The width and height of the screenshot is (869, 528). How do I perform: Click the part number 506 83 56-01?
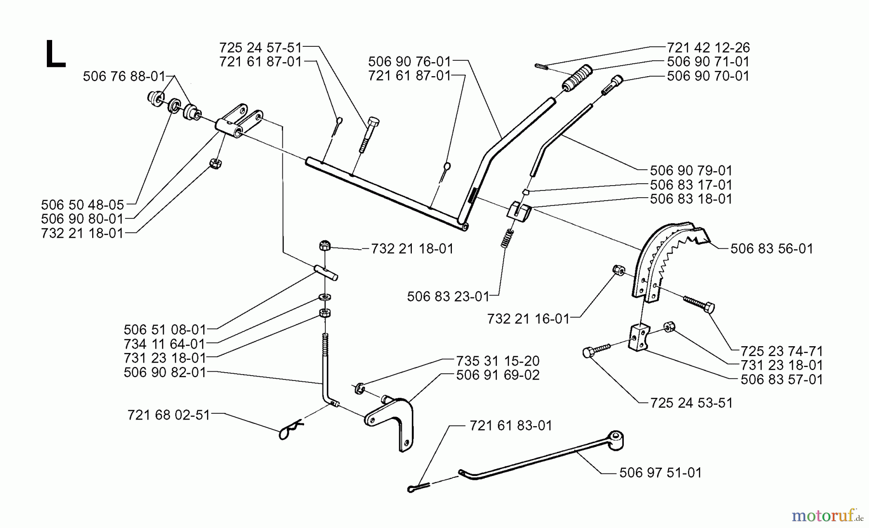pyautogui.click(x=771, y=249)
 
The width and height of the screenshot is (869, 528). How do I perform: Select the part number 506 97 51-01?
pyautogui.click(x=660, y=473)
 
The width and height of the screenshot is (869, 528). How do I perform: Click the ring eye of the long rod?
pyautogui.click(x=616, y=440)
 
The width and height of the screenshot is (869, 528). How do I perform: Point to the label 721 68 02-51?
pyautogui.click(x=168, y=415)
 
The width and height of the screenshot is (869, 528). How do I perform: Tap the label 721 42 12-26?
pyautogui.click(x=708, y=48)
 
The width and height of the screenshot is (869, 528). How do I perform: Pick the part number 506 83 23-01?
pyautogui.click(x=448, y=297)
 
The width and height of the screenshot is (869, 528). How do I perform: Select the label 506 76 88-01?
pyautogui.click(x=124, y=76)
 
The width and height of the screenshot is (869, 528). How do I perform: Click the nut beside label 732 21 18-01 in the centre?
pyautogui.click(x=324, y=246)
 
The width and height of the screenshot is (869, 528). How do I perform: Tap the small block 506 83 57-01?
pyautogui.click(x=637, y=337)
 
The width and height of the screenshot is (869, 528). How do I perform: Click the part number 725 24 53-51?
pyautogui.click(x=691, y=403)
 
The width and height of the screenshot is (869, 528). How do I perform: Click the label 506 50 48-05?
pyautogui.click(x=83, y=205)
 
